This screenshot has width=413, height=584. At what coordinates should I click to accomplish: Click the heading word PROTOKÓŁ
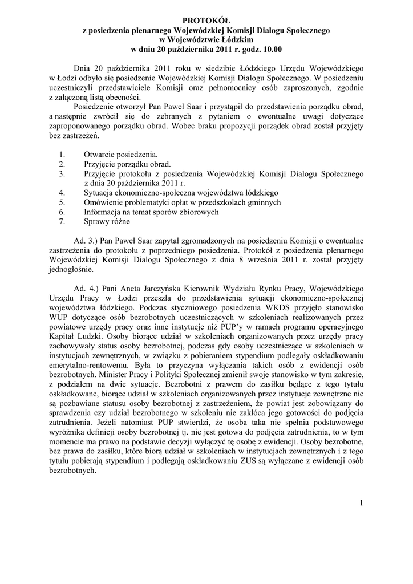pos(206,21)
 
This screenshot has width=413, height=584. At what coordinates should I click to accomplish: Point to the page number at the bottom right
pos(361,502)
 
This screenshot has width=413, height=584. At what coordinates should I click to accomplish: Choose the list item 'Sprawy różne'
pos(107,221)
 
